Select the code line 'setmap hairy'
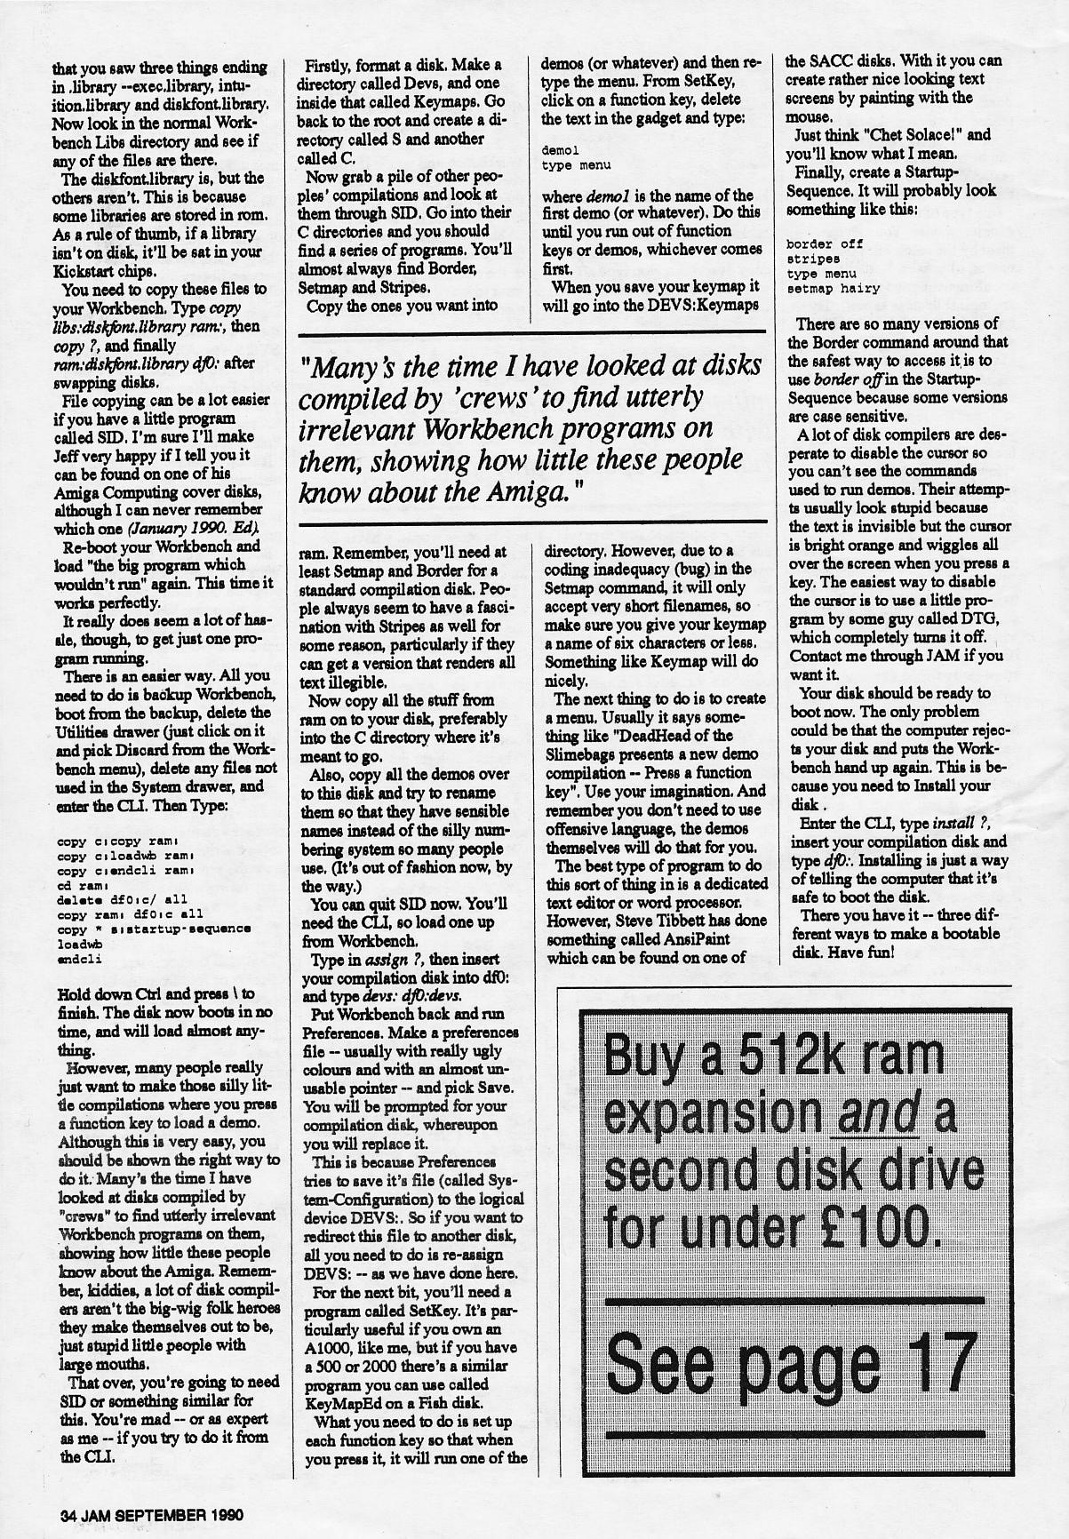821,288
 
